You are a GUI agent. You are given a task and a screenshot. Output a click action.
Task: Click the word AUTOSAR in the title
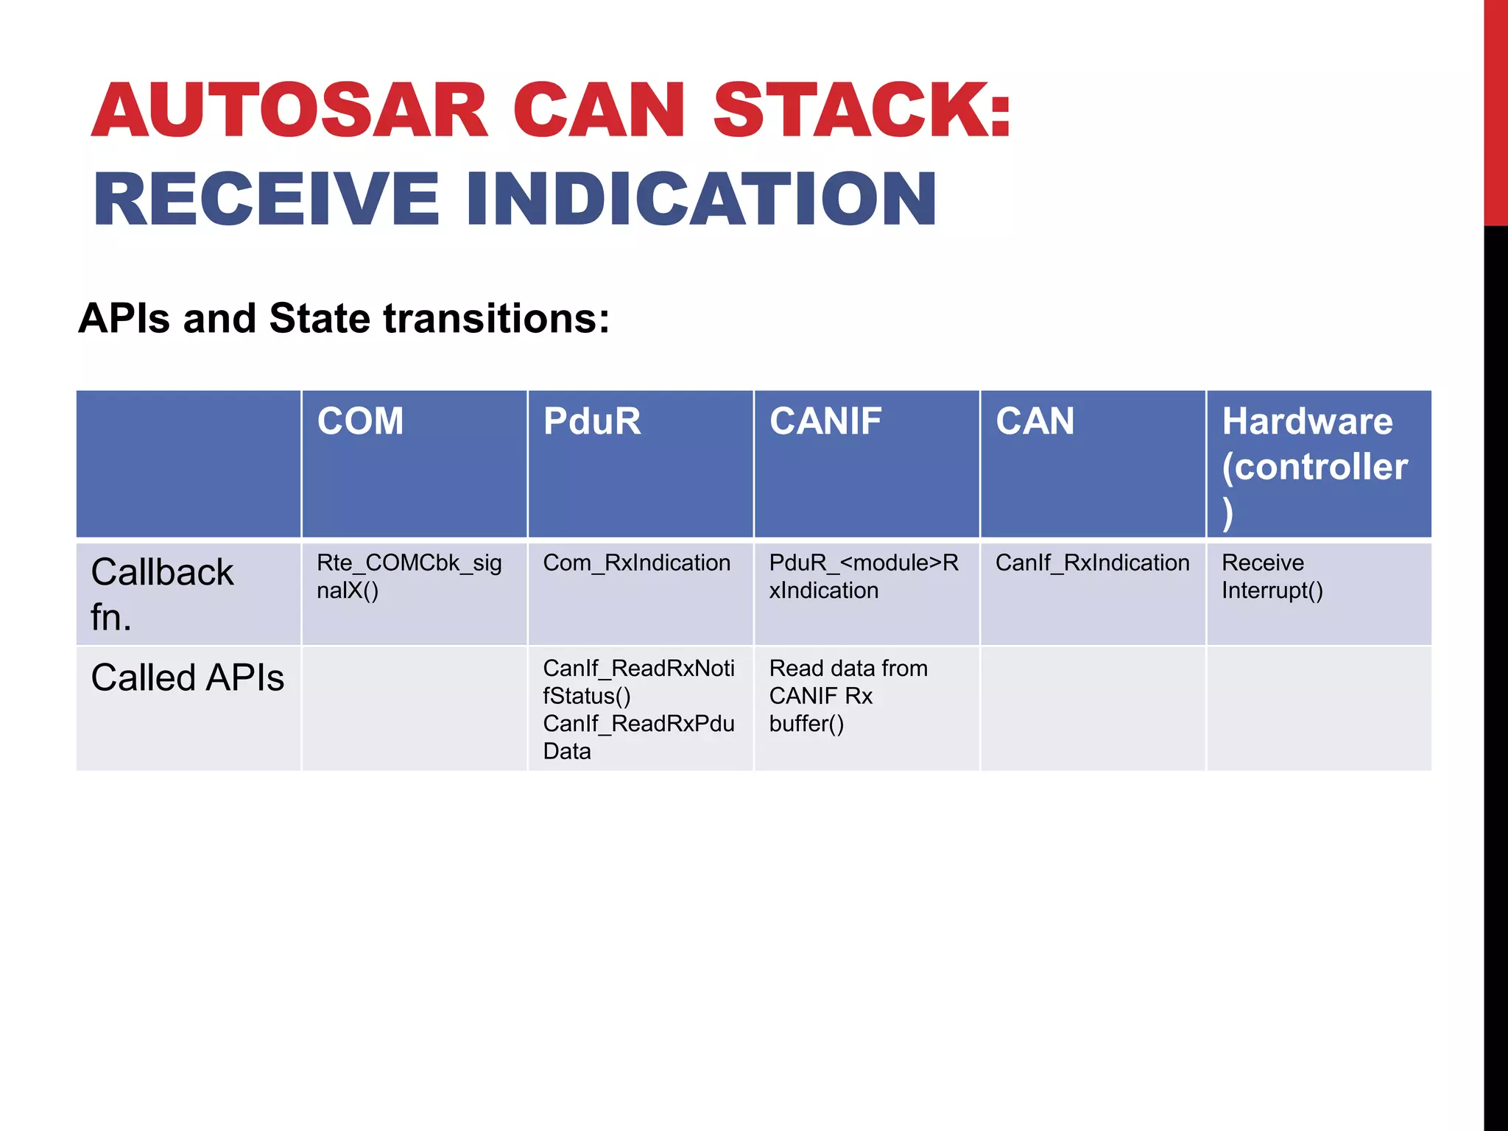[x=289, y=110]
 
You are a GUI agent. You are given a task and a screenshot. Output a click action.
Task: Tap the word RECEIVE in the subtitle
[x=266, y=199]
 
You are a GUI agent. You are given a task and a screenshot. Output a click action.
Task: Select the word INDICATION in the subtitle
[x=701, y=199]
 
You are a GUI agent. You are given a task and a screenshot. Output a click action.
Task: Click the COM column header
[x=360, y=422]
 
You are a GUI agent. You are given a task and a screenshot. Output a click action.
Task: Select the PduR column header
[x=592, y=422]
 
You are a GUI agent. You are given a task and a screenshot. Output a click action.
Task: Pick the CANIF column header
[x=825, y=422]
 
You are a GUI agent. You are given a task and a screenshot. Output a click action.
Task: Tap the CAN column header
[x=1035, y=422]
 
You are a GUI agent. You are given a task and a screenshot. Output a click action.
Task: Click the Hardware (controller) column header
[x=1314, y=465]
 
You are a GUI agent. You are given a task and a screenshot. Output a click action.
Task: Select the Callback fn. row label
[x=162, y=593]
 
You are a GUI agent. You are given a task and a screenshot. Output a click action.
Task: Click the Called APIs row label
[x=187, y=677]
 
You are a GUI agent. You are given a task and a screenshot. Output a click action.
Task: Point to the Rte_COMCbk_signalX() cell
[x=409, y=577]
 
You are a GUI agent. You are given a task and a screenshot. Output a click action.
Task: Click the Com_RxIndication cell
[x=636, y=563]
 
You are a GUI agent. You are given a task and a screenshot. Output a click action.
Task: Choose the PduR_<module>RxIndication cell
[x=863, y=577]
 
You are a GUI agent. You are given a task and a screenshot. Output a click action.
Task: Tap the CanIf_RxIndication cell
[x=1092, y=563]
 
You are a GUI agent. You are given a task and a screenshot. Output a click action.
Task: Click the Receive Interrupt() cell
[x=1272, y=577]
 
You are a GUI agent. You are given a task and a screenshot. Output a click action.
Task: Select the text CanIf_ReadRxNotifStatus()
[x=638, y=682]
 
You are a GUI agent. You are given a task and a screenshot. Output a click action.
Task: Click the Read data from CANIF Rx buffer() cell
[x=848, y=696]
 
